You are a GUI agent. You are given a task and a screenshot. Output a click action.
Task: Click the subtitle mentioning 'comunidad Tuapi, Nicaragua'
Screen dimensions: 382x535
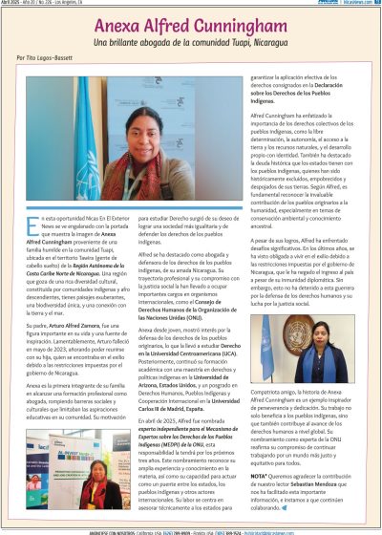(190, 44)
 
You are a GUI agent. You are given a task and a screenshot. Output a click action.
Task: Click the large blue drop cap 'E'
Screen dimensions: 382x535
(26, 226)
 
